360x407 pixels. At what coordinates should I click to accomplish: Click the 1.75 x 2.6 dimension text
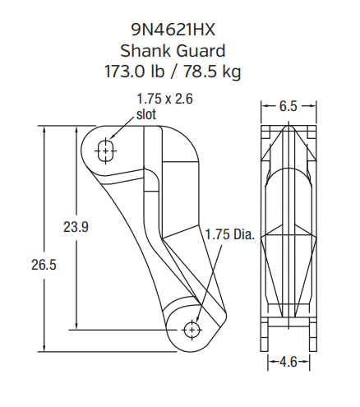click(x=165, y=99)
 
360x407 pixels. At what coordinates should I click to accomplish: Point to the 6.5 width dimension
click(x=288, y=106)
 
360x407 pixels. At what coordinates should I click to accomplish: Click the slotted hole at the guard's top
click(x=105, y=150)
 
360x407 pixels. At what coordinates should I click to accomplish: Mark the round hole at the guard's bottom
click(x=192, y=329)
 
